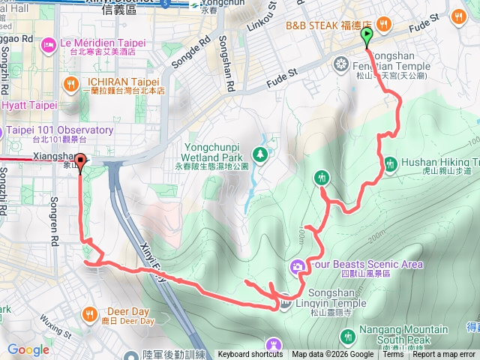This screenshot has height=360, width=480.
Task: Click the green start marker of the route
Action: tap(367, 37)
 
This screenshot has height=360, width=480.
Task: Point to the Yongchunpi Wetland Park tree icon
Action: tap(260, 154)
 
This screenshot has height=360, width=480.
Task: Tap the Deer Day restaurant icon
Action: tap(90, 313)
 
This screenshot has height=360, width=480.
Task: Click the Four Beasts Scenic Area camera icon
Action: tap(297, 266)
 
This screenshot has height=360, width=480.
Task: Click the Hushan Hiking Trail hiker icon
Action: tap(390, 163)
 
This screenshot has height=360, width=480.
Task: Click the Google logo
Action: tap(28, 349)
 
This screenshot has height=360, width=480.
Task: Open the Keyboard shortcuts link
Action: tap(250, 355)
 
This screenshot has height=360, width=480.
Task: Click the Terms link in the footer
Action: tap(393, 355)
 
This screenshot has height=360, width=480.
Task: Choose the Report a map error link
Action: tap(444, 355)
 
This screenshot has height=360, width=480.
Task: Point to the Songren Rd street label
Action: tap(55, 211)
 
